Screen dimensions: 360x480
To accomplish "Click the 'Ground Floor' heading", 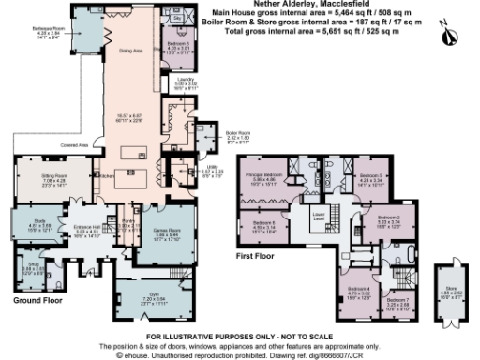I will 37,300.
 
